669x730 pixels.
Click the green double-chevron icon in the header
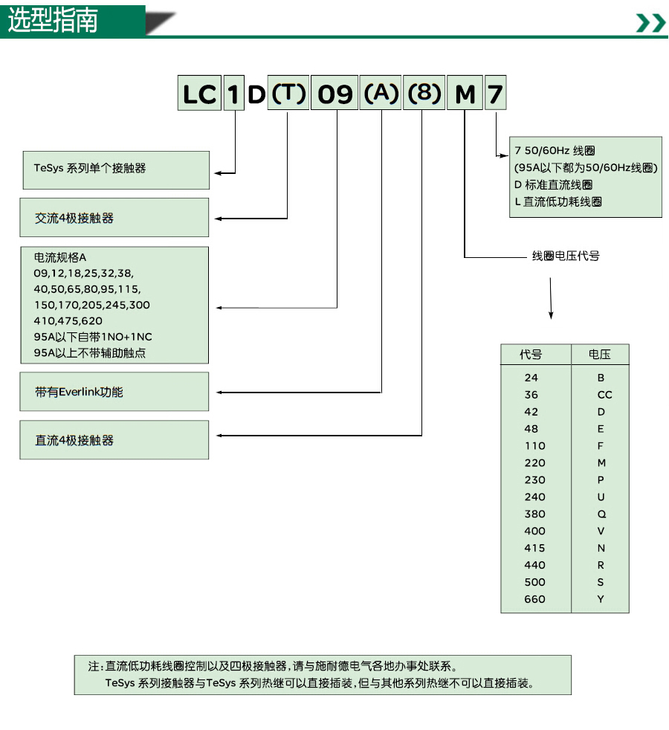pyautogui.click(x=650, y=23)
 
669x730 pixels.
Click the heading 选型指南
pyautogui.click(x=53, y=21)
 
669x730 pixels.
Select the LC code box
pyautogui.click(x=199, y=94)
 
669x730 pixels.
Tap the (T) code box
pyautogui.click(x=288, y=94)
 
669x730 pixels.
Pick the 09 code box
pyautogui.click(x=334, y=94)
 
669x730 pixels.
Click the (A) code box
pyautogui.click(x=381, y=94)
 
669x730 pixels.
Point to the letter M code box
pyautogui.click(x=465, y=94)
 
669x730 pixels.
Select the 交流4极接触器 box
pyautogui.click(x=114, y=219)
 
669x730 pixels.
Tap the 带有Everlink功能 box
pyautogui.click(x=114, y=392)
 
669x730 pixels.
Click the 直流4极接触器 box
pyautogui.click(x=114, y=440)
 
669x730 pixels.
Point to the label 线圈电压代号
pyautogui.click(x=566, y=256)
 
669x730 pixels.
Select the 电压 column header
pyautogui.click(x=600, y=355)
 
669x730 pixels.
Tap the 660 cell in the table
pyautogui.click(x=534, y=599)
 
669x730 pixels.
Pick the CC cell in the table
pyautogui.click(x=604, y=395)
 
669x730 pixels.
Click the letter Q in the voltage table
pyautogui.click(x=601, y=514)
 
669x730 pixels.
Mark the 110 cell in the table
pyautogui.click(x=534, y=446)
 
